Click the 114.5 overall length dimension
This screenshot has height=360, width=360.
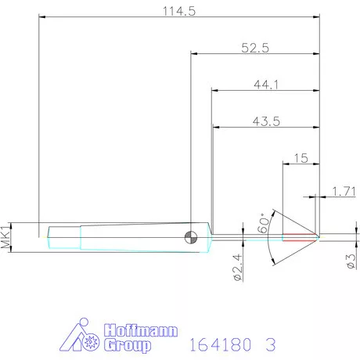tap(179, 11)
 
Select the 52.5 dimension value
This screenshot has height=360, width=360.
tap(255, 48)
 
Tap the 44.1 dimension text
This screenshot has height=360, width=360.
tap(266, 85)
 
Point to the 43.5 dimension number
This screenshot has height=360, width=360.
tap(266, 121)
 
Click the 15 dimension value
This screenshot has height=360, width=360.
tap(301, 158)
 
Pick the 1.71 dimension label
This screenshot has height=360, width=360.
tap(344, 191)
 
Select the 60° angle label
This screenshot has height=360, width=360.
tap(263, 223)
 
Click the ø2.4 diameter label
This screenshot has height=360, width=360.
tap(238, 268)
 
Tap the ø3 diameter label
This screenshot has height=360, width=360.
tap(351, 261)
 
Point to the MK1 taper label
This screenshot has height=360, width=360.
tap(5, 237)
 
